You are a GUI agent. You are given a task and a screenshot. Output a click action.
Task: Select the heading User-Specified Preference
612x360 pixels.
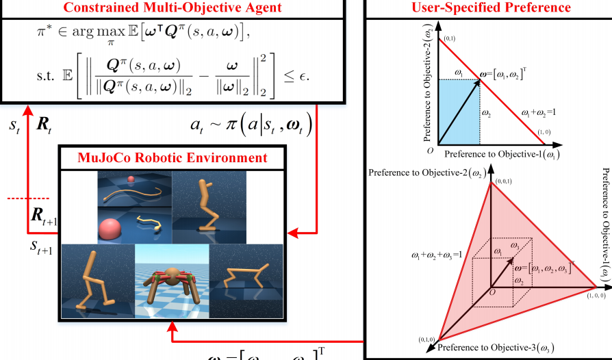[491, 8]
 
